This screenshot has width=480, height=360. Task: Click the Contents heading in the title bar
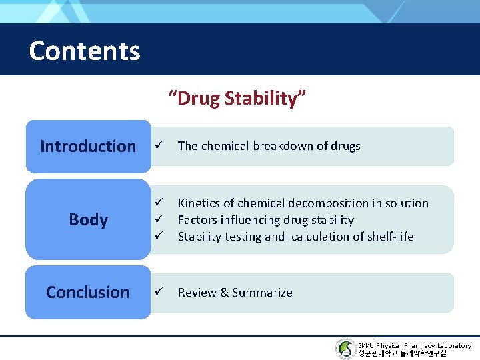pos(85,51)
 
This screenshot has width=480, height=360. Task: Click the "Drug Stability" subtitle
pos(237,99)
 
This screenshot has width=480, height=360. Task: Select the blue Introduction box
pos(88,146)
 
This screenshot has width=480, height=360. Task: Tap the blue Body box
pos(88,219)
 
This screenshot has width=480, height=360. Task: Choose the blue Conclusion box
pos(88,292)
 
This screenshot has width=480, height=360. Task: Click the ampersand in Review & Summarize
pos(223,292)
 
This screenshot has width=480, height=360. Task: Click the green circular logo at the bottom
pos(346,349)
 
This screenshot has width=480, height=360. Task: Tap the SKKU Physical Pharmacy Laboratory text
pos(414,345)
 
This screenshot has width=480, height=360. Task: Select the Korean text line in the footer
pos(402,353)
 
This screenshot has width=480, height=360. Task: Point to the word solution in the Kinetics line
pos(406,203)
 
